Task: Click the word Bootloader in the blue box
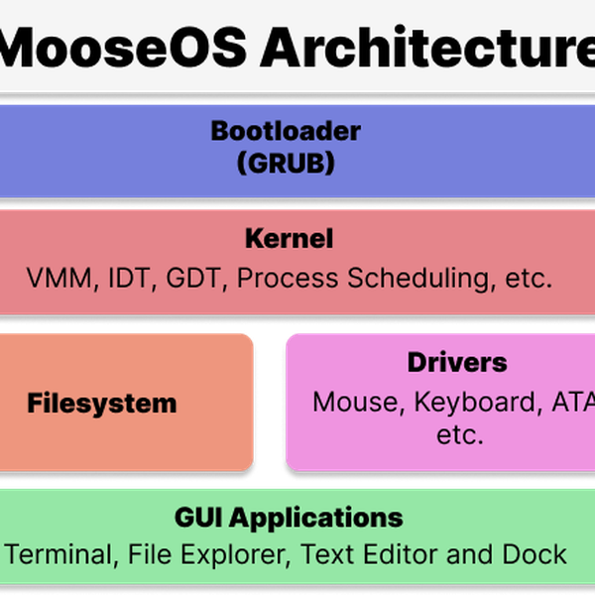(286, 130)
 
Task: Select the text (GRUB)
(286, 162)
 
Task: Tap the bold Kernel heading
(289, 239)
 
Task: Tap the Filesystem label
(101, 404)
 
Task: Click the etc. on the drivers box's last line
(458, 434)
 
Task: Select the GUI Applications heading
(289, 517)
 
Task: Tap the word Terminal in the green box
(60, 553)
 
